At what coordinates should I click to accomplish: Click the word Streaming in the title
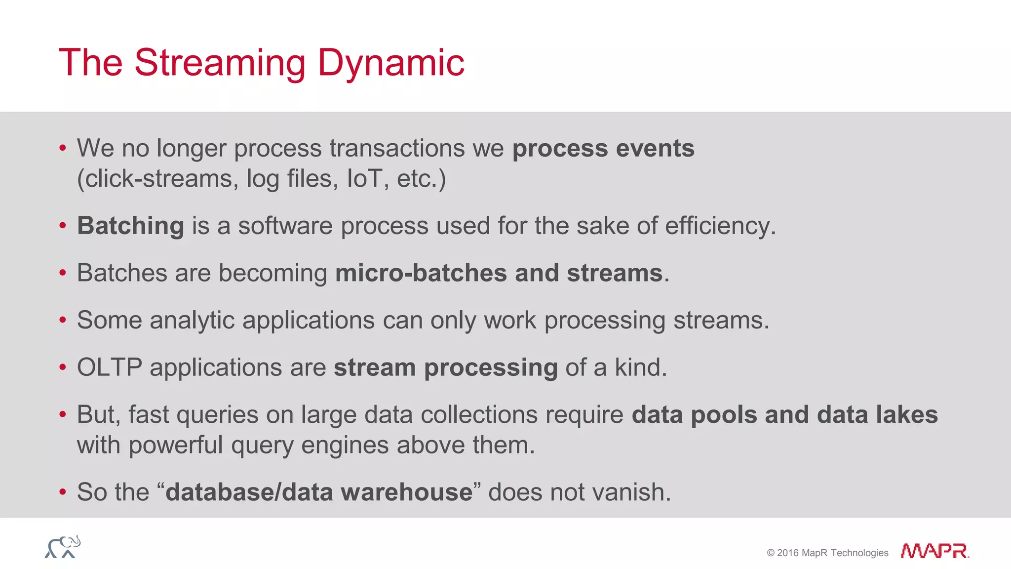(x=220, y=63)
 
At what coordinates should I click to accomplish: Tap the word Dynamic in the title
(x=390, y=63)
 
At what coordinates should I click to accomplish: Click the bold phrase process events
(x=603, y=148)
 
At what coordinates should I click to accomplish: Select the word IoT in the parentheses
(x=364, y=178)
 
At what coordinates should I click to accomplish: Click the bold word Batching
(x=131, y=226)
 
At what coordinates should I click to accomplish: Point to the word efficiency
(x=720, y=226)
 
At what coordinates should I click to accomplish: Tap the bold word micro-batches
(x=421, y=273)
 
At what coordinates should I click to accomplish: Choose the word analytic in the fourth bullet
(x=192, y=320)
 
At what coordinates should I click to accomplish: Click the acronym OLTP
(x=110, y=367)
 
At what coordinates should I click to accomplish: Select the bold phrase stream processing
(x=445, y=367)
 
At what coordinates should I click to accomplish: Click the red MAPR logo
(x=934, y=551)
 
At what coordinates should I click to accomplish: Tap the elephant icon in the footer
(x=63, y=547)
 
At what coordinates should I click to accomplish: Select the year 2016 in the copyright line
(x=787, y=553)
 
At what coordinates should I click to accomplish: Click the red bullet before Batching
(x=63, y=226)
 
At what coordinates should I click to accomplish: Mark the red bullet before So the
(x=63, y=492)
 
